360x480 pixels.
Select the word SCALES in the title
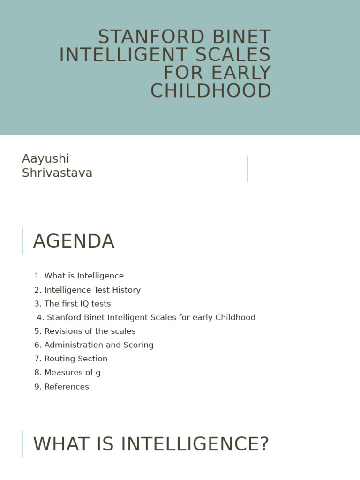click(x=233, y=55)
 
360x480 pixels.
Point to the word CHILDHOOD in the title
click(x=210, y=91)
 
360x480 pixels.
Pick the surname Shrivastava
click(x=57, y=173)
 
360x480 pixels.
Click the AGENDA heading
click(x=74, y=242)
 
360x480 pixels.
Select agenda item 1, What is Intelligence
click(x=79, y=276)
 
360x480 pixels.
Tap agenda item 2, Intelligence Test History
click(x=87, y=290)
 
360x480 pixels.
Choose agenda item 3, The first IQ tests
click(x=73, y=304)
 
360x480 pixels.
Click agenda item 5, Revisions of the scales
click(x=85, y=331)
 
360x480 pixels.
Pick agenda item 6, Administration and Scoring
click(x=94, y=345)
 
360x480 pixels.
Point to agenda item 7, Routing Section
click(x=71, y=359)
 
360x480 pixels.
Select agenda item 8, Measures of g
click(x=67, y=373)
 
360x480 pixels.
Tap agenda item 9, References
click(x=61, y=387)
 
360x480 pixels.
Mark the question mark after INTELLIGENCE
click(x=264, y=444)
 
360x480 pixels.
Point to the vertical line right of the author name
click(x=247, y=169)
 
